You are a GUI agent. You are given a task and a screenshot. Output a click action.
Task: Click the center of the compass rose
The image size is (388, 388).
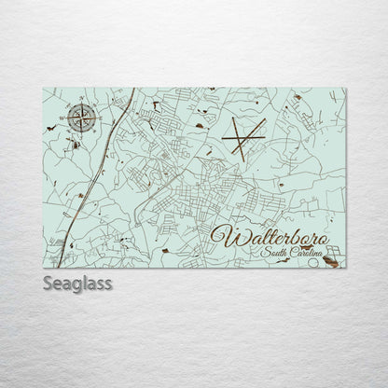pos(83,118)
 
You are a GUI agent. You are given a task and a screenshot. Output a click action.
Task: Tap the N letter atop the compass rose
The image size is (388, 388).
pos(83,99)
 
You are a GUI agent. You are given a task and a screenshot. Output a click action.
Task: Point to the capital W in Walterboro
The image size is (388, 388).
pos(223,235)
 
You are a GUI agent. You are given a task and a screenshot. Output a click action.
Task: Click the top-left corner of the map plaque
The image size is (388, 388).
pos(43,89)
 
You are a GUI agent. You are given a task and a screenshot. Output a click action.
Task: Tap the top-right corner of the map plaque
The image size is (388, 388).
pos(345,89)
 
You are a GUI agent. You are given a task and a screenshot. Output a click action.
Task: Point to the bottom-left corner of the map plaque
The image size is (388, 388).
pos(43,269)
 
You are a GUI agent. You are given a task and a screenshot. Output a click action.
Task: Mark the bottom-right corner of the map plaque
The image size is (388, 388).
pos(345,269)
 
